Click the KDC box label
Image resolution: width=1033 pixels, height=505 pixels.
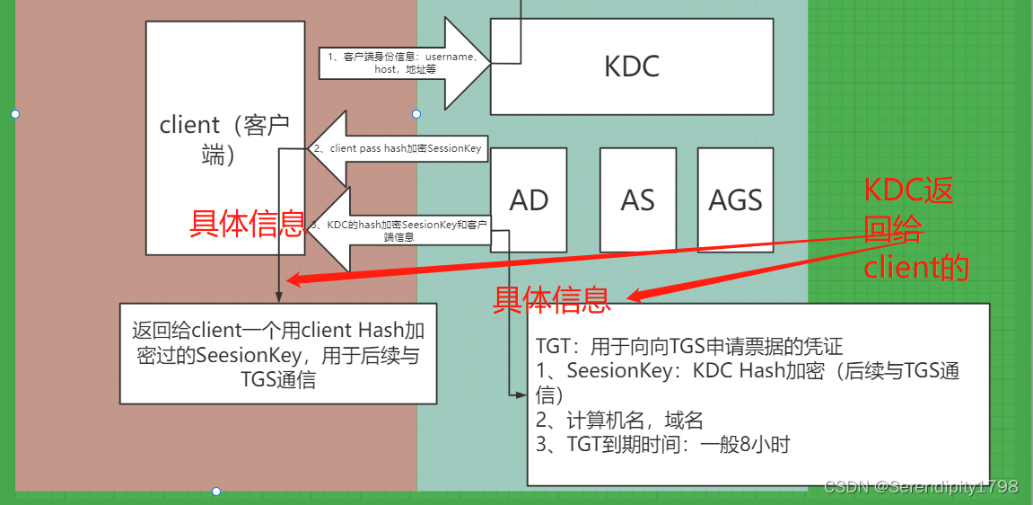[631, 66]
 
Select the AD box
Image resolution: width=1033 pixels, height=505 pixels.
[529, 199]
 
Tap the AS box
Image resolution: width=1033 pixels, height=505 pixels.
[637, 199]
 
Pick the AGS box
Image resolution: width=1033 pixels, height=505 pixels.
[735, 199]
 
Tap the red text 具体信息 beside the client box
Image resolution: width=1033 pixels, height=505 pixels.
[246, 224]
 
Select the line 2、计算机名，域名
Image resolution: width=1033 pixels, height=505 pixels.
[619, 420]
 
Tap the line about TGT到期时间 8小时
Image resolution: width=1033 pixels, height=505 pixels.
[662, 444]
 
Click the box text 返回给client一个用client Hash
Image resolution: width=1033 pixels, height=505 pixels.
[278, 329]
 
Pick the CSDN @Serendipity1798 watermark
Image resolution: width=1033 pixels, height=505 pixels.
[921, 486]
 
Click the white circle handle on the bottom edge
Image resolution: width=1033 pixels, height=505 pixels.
[216, 492]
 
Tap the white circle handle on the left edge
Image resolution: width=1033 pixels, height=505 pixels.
[14, 114]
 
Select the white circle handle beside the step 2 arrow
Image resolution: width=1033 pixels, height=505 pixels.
[416, 114]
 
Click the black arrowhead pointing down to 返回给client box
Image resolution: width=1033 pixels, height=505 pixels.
[279, 297]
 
